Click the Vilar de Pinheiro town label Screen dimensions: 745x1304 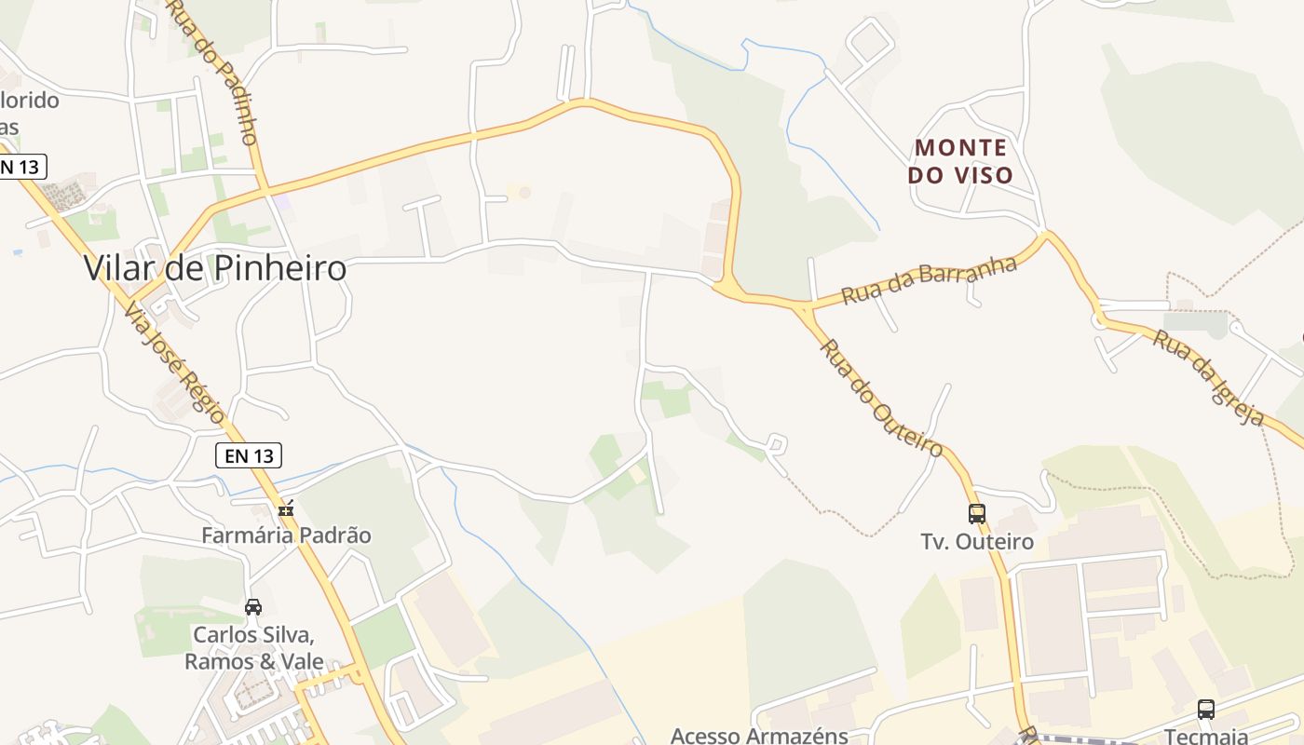point(215,268)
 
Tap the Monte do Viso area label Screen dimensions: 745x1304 point(963,161)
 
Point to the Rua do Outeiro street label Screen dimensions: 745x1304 point(881,398)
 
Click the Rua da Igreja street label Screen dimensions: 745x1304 point(1209,377)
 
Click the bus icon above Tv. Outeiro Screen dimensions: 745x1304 point(976,513)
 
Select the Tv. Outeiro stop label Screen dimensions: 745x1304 point(977,542)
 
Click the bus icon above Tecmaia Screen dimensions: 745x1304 point(1206,710)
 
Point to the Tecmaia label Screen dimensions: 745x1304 point(1206,736)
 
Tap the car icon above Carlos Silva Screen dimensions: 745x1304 point(253,607)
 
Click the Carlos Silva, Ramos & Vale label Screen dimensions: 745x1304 point(253,648)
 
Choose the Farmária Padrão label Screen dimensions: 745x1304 point(287,535)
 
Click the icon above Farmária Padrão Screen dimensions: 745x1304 point(286,508)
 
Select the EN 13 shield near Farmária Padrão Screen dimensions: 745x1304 point(248,455)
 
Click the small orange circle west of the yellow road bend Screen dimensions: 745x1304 point(524,192)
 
